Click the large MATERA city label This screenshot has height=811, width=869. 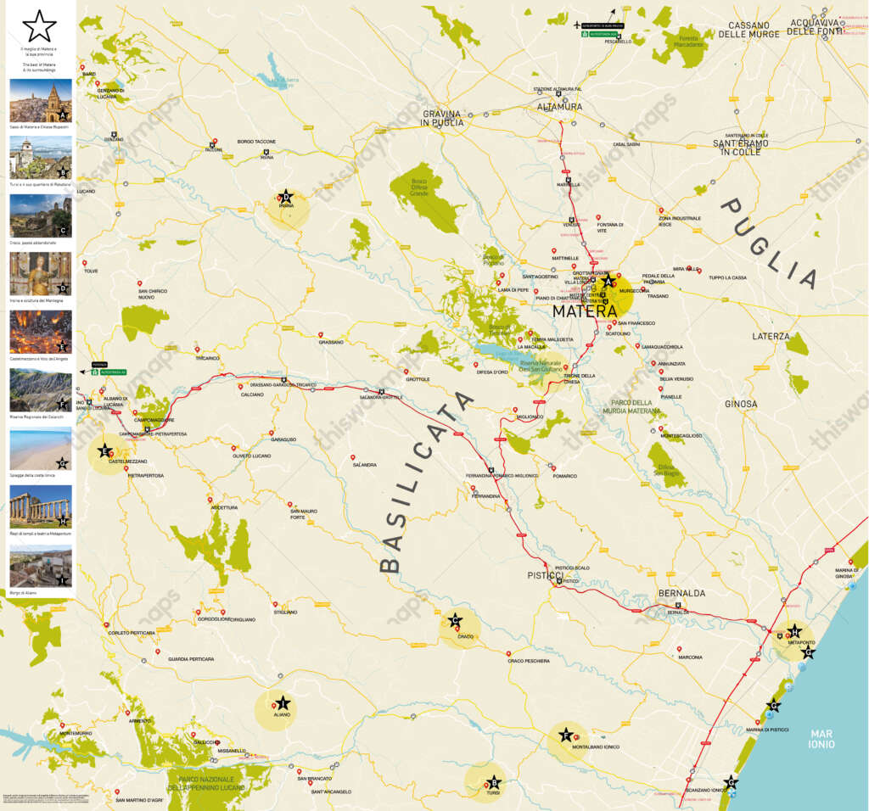[x=584, y=310]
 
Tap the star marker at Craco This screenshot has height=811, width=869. [x=456, y=621]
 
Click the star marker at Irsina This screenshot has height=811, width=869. [x=286, y=197]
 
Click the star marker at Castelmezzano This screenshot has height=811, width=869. [x=105, y=450]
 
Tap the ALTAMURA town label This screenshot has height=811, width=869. [x=560, y=107]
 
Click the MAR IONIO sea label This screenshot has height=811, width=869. [x=821, y=739]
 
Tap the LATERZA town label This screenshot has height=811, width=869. [x=771, y=337]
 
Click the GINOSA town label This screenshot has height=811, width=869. [x=741, y=404]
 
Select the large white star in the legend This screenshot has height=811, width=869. [x=39, y=28]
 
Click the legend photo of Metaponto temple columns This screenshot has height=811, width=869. [x=40, y=506]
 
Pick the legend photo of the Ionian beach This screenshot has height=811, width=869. [x=40, y=449]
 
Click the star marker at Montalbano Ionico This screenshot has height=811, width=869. [x=565, y=735]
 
